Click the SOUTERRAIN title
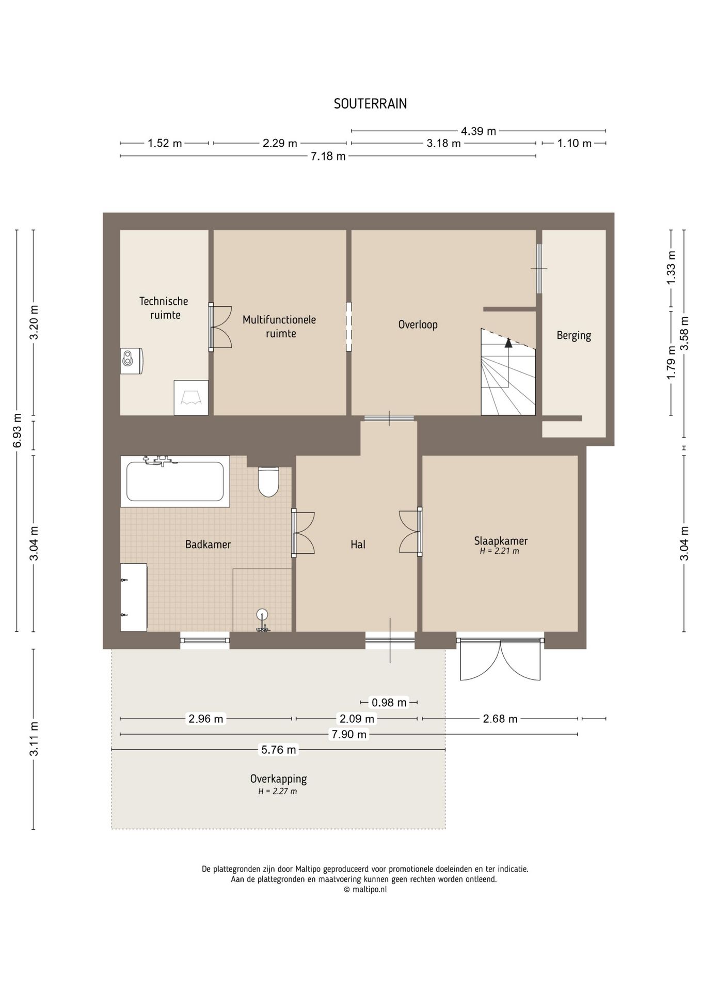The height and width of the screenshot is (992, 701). click(x=370, y=104)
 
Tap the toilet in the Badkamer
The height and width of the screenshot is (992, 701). click(x=268, y=482)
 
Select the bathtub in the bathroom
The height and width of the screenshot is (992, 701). click(x=175, y=481)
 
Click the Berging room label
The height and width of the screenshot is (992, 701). click(x=573, y=335)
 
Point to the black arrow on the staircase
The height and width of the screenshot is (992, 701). click(x=508, y=342)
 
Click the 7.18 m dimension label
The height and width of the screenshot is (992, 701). click(x=328, y=156)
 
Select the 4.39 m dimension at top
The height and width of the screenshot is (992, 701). click(x=478, y=131)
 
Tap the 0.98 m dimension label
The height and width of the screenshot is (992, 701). click(x=389, y=702)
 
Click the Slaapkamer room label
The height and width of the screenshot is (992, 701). click(x=501, y=541)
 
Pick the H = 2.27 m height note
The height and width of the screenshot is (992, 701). click(x=278, y=791)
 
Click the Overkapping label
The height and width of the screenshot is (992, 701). click(x=278, y=779)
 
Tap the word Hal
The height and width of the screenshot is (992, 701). click(x=358, y=544)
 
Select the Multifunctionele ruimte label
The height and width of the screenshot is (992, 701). click(x=279, y=327)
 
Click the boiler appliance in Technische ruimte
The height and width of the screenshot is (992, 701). click(x=131, y=361)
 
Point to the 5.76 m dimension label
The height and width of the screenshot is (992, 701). click(x=278, y=750)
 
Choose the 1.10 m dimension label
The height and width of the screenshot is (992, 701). click(x=574, y=144)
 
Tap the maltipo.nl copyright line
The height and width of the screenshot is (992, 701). click(x=365, y=890)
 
